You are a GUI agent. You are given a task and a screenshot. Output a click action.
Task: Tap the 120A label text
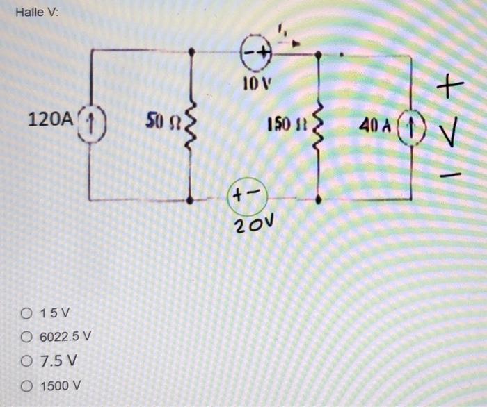click(x=49, y=119)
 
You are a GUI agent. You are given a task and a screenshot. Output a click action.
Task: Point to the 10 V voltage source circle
click(x=253, y=52)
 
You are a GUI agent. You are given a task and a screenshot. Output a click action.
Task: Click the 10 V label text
click(x=255, y=85)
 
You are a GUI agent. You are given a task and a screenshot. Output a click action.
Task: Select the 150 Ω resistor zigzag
click(x=318, y=128)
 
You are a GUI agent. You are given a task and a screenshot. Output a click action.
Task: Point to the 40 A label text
click(x=374, y=128)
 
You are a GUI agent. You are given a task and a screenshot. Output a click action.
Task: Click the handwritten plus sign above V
click(x=451, y=87)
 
